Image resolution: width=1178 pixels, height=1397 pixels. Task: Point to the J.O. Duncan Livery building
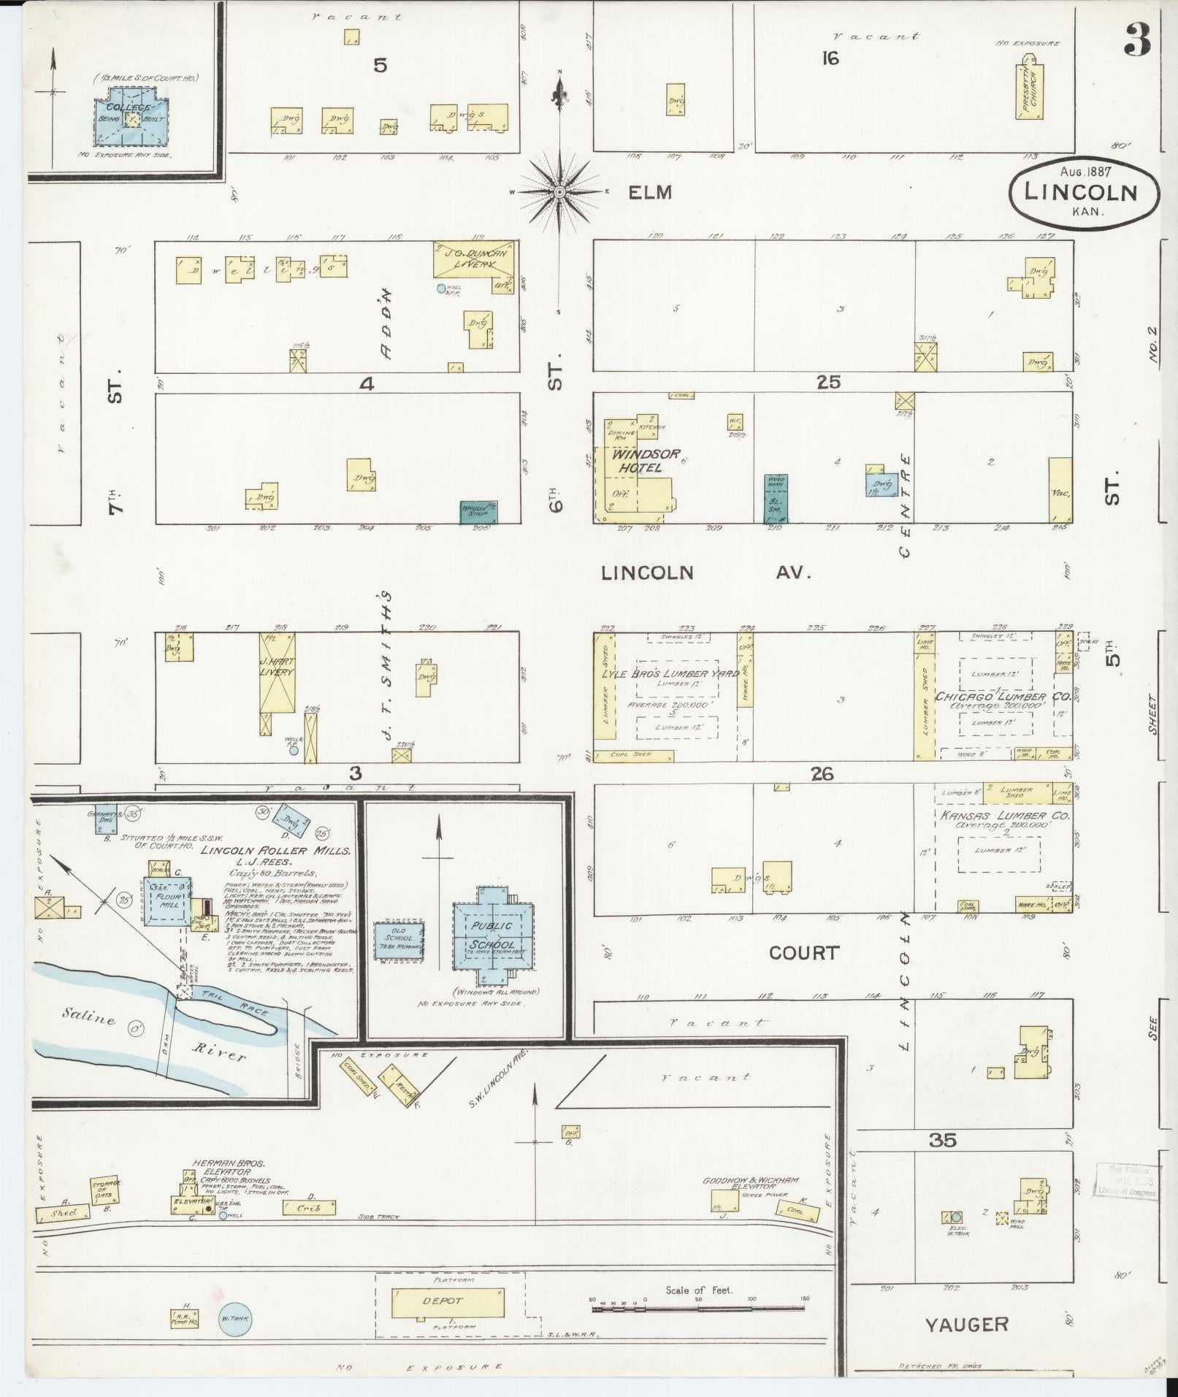475,259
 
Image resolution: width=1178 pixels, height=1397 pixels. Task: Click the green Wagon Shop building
478,512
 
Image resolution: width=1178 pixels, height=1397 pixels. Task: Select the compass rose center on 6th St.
559,192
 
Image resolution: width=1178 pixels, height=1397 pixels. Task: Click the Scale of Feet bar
697,1301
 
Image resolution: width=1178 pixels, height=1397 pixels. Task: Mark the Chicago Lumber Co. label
998,697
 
